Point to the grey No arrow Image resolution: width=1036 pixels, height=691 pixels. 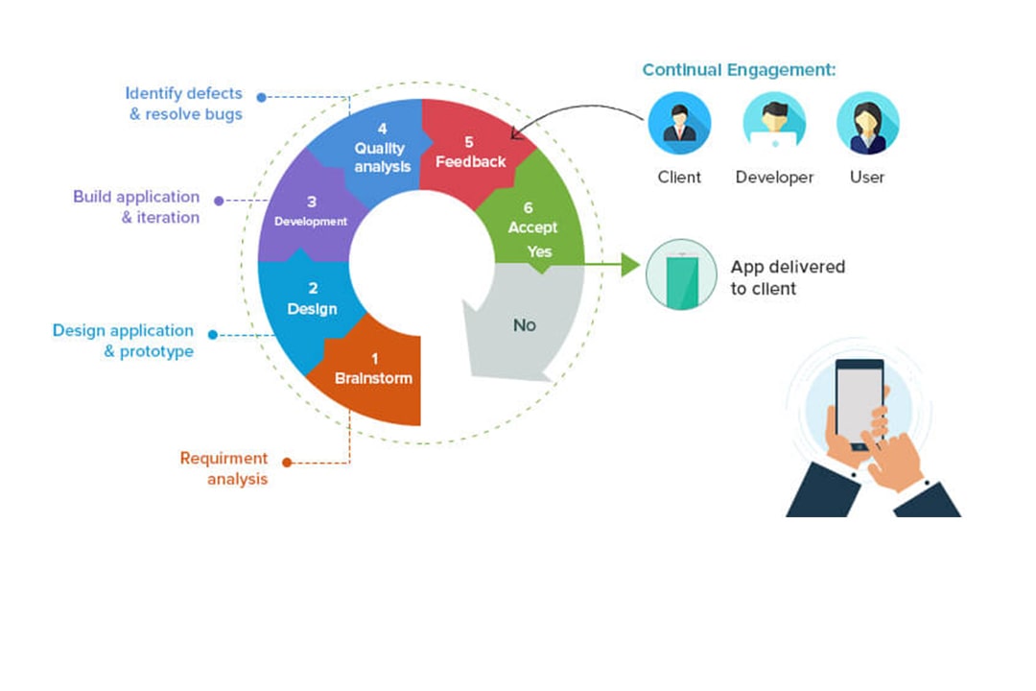(x=524, y=325)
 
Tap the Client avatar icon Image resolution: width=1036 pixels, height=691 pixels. (x=679, y=124)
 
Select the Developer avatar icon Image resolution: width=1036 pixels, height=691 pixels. (x=774, y=124)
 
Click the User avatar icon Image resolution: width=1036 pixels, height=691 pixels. (x=867, y=124)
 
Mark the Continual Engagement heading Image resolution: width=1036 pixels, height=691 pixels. (x=739, y=70)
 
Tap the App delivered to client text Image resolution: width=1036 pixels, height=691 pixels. (x=788, y=277)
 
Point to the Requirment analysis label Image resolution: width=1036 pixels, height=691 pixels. (x=225, y=468)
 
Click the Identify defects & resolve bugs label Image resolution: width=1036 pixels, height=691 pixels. (x=185, y=104)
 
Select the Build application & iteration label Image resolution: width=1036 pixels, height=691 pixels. (x=137, y=206)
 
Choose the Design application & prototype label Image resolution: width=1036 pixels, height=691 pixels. (x=124, y=341)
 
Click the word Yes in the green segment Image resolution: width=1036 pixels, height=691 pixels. (x=539, y=251)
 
